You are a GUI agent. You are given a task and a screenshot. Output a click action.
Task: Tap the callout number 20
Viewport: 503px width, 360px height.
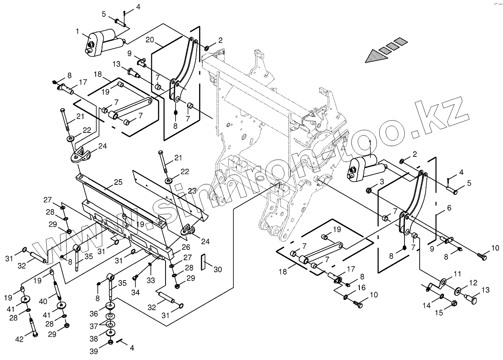150,40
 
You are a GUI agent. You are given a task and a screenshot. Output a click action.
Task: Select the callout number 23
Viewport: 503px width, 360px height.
192,191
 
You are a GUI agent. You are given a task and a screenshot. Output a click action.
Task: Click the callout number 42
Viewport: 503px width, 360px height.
20,339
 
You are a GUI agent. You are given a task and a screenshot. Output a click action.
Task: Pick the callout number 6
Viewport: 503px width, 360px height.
449,208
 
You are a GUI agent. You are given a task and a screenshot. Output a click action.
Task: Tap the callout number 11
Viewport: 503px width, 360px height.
458,273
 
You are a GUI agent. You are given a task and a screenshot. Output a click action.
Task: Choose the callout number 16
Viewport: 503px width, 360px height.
361,287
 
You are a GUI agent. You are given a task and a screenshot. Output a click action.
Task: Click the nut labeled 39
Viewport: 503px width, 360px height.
110,342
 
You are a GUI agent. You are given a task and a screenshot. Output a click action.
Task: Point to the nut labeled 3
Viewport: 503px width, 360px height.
369,190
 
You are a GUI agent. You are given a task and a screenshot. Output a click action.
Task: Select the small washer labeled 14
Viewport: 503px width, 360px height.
442,297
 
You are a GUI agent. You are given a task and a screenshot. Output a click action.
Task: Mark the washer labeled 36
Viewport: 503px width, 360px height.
109,307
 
